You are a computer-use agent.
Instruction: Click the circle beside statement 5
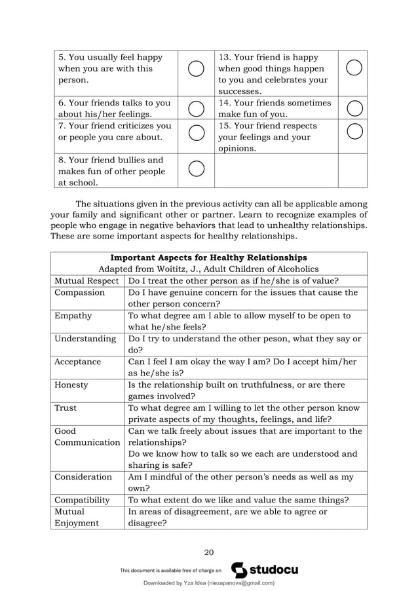[196, 68]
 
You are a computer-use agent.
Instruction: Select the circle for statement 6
[196, 108]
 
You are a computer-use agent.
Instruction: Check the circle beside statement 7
[196, 132]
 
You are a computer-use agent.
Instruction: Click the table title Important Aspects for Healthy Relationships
[208, 257]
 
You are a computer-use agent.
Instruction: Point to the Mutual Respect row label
[86, 280]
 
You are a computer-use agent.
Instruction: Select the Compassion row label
[79, 292]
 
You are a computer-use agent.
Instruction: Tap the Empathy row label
[73, 315]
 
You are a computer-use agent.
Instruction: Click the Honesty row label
[71, 385]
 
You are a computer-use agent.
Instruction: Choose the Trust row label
[66, 408]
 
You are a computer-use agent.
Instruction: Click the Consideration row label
[83, 476]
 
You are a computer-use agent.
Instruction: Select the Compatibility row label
[82, 499]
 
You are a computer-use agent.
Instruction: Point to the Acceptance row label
[78, 362]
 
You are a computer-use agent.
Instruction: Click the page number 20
[209, 551]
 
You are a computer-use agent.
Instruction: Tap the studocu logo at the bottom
[265, 570]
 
